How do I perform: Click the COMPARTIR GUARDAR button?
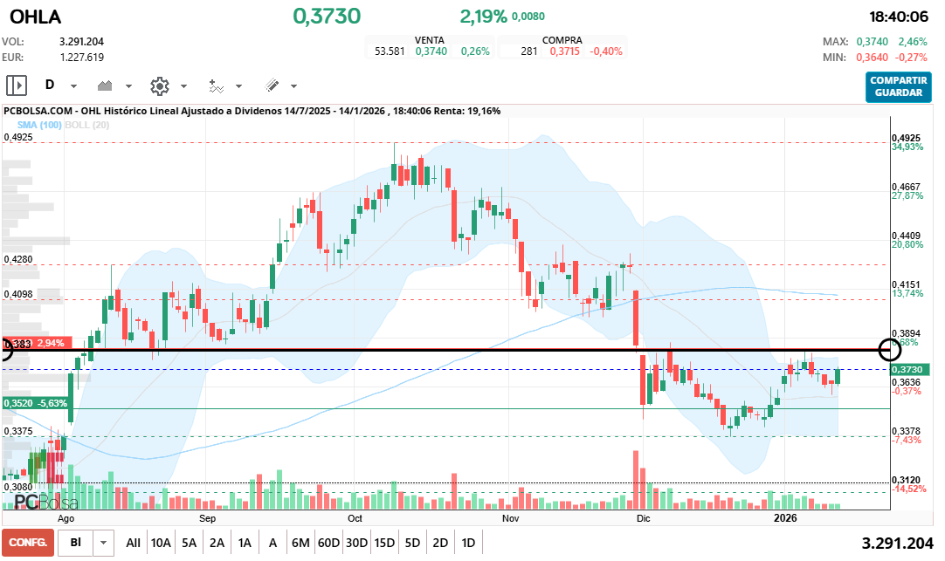click(x=899, y=86)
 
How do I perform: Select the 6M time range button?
click(x=300, y=543)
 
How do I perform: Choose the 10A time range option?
click(x=161, y=543)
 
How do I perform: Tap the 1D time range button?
click(x=468, y=543)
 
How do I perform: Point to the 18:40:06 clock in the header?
click(x=899, y=17)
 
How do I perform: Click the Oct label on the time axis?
click(x=355, y=517)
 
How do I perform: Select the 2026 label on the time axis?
click(x=787, y=517)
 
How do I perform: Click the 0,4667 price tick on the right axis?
click(x=906, y=187)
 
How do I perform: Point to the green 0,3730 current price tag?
click(x=911, y=370)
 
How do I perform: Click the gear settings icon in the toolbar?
click(x=159, y=86)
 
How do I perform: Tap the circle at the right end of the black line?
click(x=890, y=350)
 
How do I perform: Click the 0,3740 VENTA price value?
click(x=431, y=51)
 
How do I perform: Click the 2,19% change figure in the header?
click(x=483, y=17)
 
